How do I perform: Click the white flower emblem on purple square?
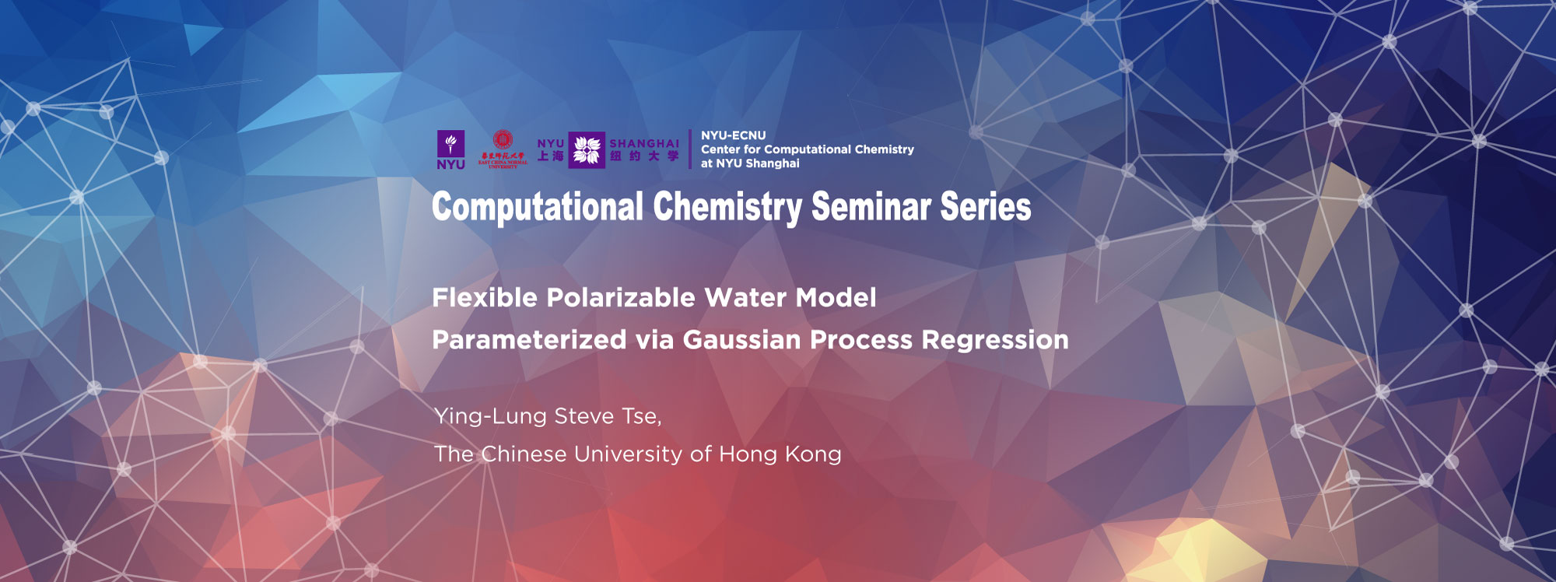click(587, 149)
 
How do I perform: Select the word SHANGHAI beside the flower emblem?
click(644, 143)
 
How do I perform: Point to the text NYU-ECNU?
click(733, 135)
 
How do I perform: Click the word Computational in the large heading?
click(538, 208)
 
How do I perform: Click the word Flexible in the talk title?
click(485, 298)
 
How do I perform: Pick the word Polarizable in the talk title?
click(621, 298)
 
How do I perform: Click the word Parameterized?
click(529, 340)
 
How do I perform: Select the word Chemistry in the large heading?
click(727, 208)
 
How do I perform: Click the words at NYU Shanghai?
click(750, 163)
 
